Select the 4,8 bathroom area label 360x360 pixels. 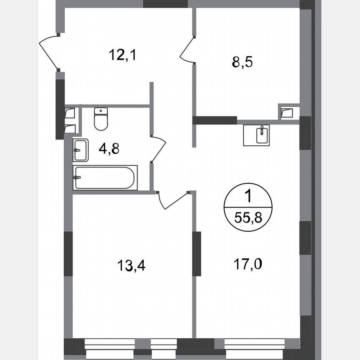[x=109, y=149]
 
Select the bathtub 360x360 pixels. [x=105, y=178]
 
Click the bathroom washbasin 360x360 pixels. [x=81, y=150]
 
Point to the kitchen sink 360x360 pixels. [x=256, y=135]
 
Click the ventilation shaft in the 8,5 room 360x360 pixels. [x=287, y=112]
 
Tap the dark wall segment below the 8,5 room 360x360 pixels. [x=215, y=120]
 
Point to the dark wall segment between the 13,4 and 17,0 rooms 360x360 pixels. [x=197, y=253]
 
